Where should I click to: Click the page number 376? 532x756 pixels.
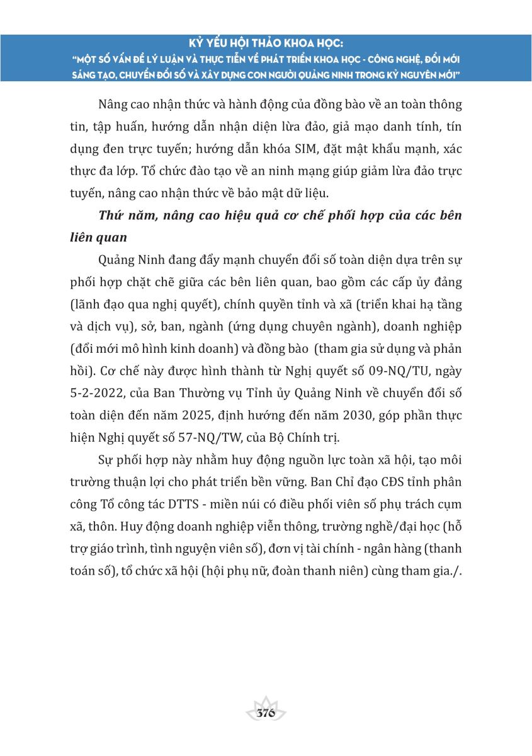tap(266, 713)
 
